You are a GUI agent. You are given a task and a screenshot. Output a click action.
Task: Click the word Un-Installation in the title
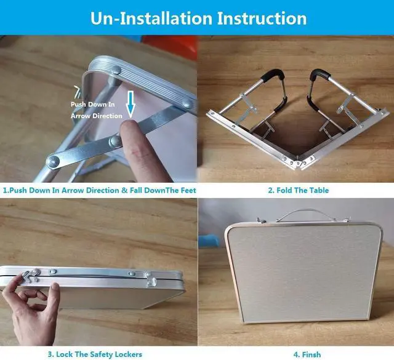coord(151,18)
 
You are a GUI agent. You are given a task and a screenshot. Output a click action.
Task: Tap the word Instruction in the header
coord(262,18)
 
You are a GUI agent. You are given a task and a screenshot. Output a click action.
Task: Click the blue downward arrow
coord(131,104)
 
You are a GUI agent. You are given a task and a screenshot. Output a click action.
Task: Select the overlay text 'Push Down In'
coord(93,104)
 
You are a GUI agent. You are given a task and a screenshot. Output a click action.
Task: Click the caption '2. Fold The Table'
coord(298,190)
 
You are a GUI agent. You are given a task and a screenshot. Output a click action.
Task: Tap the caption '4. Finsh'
coord(307,354)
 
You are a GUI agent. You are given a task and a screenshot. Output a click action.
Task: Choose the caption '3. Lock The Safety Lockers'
coord(95,354)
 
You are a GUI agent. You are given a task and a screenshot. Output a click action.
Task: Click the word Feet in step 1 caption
coord(188,190)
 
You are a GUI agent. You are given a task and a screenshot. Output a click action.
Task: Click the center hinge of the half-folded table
coord(299,163)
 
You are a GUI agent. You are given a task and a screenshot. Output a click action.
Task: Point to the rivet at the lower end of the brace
coord(53,162)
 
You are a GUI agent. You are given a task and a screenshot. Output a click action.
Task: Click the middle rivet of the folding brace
coord(115,142)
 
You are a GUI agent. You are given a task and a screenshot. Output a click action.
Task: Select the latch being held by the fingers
coord(31,276)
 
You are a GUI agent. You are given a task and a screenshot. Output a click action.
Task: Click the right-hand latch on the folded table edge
coord(151,280)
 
